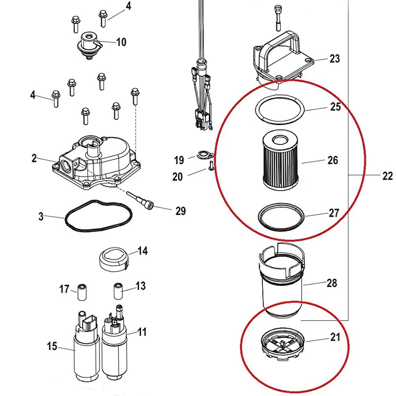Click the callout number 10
coord(121,42)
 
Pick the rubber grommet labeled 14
coord(115,258)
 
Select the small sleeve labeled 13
coord(118,288)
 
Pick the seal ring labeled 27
coord(281,217)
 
